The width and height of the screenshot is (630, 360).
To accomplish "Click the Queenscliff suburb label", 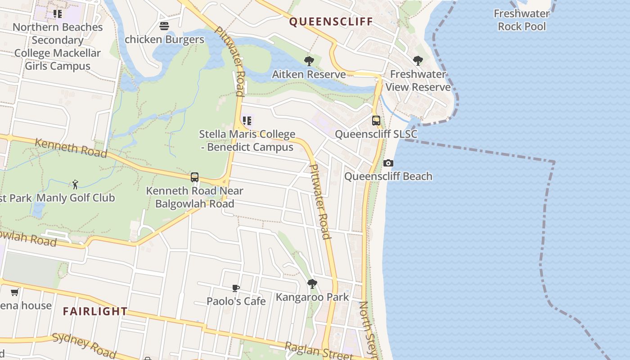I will tap(331, 22).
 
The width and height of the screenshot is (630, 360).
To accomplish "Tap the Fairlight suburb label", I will tap(95, 311).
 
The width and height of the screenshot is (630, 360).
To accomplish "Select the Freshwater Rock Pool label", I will tap(522, 20).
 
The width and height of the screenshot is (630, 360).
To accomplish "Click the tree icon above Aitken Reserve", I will tap(309, 61).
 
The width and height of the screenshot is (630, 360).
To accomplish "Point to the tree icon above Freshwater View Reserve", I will tap(418, 60).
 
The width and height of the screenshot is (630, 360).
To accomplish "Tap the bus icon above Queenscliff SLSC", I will tap(376, 121).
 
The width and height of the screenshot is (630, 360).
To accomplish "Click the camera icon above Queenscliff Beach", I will tap(388, 163).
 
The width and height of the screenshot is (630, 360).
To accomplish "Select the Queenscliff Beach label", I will tap(388, 176).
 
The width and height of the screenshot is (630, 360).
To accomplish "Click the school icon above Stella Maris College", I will tap(247, 121).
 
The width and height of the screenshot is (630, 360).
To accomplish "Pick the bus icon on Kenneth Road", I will tap(194, 177).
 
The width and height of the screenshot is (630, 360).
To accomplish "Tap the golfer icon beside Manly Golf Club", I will tap(75, 184).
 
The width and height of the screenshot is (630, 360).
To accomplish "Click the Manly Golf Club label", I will tap(76, 198).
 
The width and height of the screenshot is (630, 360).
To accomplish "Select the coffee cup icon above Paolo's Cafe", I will tap(236, 288).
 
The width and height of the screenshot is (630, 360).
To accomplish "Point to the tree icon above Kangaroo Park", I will tap(312, 284).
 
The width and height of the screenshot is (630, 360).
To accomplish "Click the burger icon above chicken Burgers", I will tap(164, 26).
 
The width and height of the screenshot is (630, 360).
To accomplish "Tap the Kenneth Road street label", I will tap(71, 148).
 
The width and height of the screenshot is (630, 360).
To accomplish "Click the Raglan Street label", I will tap(319, 351).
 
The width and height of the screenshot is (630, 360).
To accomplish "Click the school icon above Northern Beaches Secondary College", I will tap(58, 14).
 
